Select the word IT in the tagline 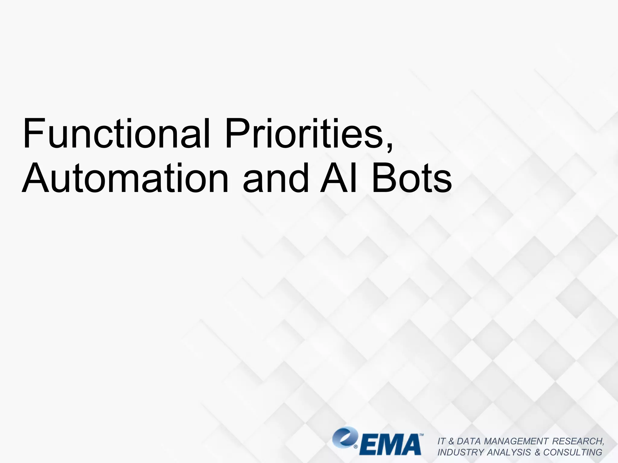pos(441,441)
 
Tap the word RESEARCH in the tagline pos(578,441)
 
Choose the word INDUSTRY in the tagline pos(461,452)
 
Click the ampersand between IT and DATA pos(451,441)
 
